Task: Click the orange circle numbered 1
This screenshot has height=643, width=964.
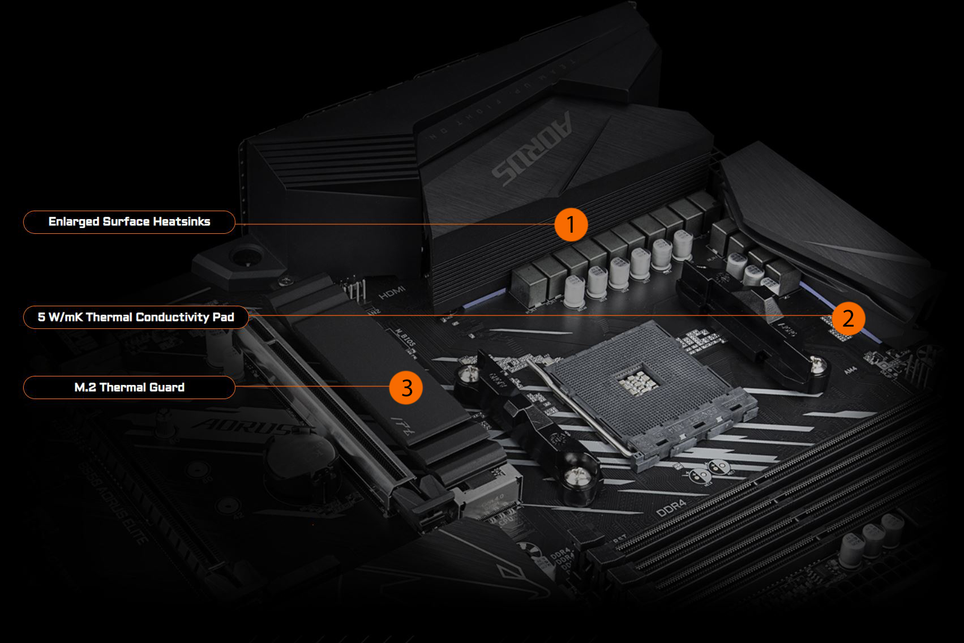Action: click(571, 225)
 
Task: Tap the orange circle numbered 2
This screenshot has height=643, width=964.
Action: click(848, 318)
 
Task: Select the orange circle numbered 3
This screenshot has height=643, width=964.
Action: click(406, 388)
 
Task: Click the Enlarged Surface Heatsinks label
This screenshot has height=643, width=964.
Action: click(129, 222)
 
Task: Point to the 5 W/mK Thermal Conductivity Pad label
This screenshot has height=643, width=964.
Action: click(136, 317)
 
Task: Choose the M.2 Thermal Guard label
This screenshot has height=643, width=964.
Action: click(129, 388)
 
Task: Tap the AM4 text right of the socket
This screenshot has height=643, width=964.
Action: click(850, 371)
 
